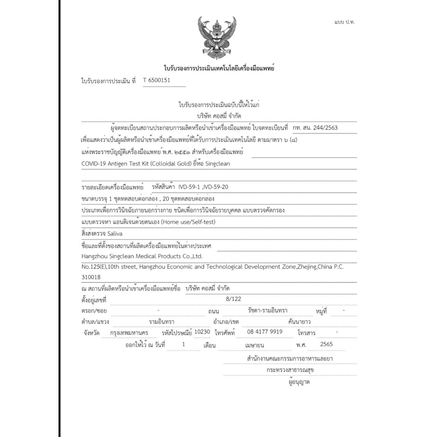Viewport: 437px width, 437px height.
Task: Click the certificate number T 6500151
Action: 159,80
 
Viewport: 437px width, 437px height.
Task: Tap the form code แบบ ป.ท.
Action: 344,22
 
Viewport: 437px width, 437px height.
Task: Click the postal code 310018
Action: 91,277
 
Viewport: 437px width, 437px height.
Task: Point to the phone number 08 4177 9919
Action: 265,332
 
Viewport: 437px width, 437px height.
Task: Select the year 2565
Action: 326,344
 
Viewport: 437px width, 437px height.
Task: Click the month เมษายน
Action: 255,344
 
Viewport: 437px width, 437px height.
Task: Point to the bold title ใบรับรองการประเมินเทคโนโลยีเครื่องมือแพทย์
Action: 218,68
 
